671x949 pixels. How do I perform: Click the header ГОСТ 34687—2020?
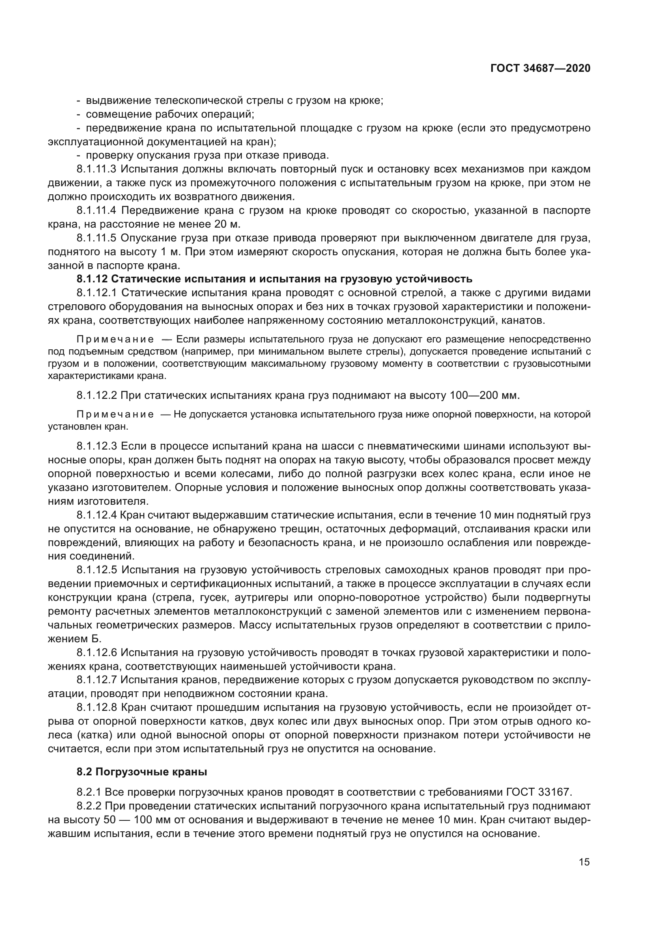tap(540, 68)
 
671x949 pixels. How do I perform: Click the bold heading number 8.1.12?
tap(92, 279)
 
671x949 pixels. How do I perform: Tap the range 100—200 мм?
tap(484, 395)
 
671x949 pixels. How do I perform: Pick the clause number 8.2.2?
tap(89, 806)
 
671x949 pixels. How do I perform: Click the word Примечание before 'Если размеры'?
tap(115, 340)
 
